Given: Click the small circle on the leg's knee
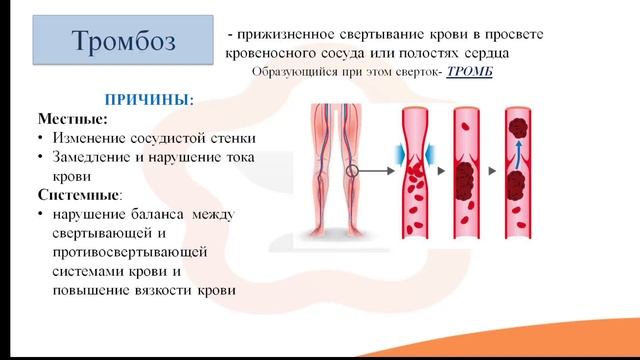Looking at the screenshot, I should click(351, 171).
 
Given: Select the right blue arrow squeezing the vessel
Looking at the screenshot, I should click(429, 154).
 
